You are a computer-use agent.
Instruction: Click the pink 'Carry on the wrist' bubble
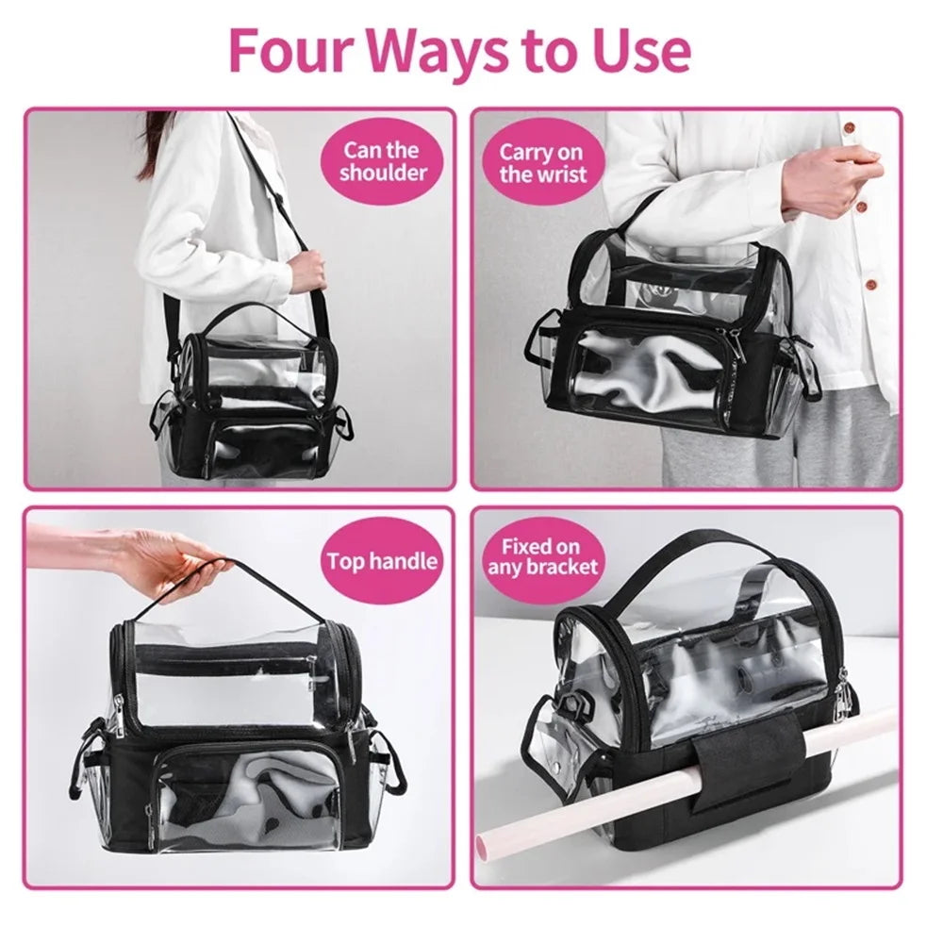[541, 162]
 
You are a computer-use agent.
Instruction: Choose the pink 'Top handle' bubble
[382, 561]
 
